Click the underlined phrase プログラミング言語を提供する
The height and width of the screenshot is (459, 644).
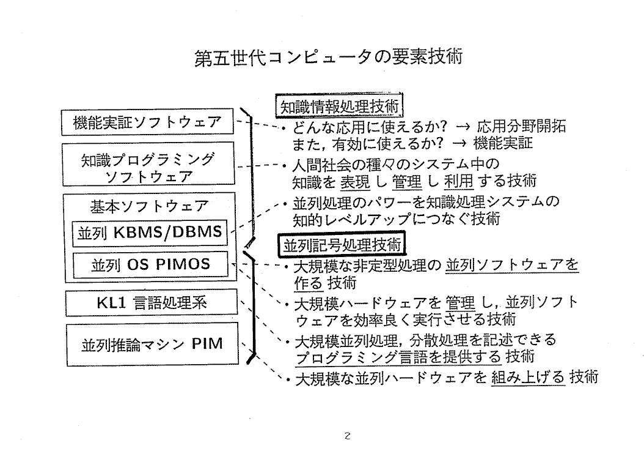398,357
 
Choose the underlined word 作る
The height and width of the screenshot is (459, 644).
308,283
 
